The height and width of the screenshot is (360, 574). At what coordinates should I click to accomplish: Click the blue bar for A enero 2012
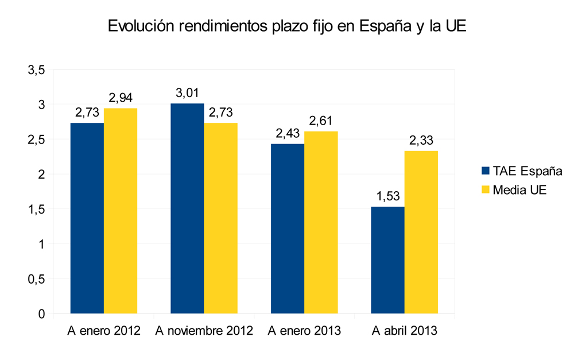87,218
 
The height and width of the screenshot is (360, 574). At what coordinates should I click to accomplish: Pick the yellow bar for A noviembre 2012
221,218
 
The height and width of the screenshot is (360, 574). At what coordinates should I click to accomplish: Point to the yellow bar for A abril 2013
421,232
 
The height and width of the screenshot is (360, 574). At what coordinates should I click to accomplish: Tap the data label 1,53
387,197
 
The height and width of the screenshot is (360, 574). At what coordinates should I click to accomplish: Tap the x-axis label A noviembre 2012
204,331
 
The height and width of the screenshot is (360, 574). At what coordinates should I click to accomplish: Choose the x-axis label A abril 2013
405,331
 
